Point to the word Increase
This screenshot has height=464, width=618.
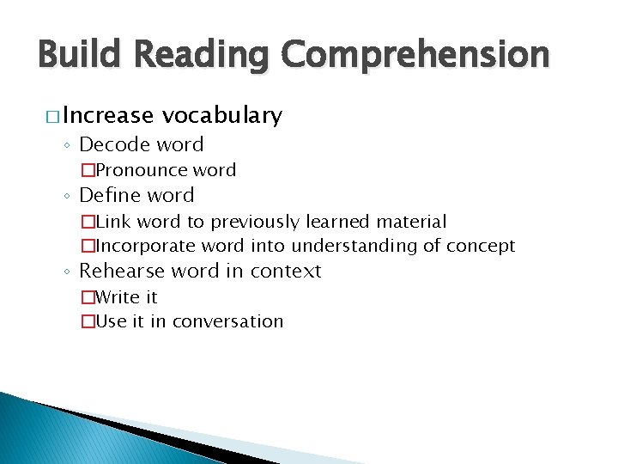pos(108,115)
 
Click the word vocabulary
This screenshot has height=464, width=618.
pos(222,115)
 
